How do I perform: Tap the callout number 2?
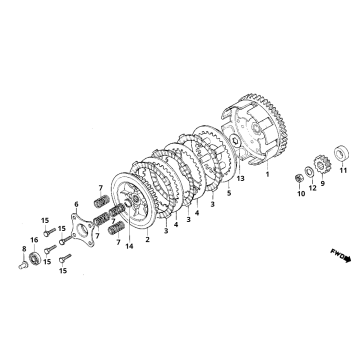tap(148, 240)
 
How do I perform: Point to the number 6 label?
tap(75, 204)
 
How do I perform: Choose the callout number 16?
tap(34, 241)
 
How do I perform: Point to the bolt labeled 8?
tap(25, 265)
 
